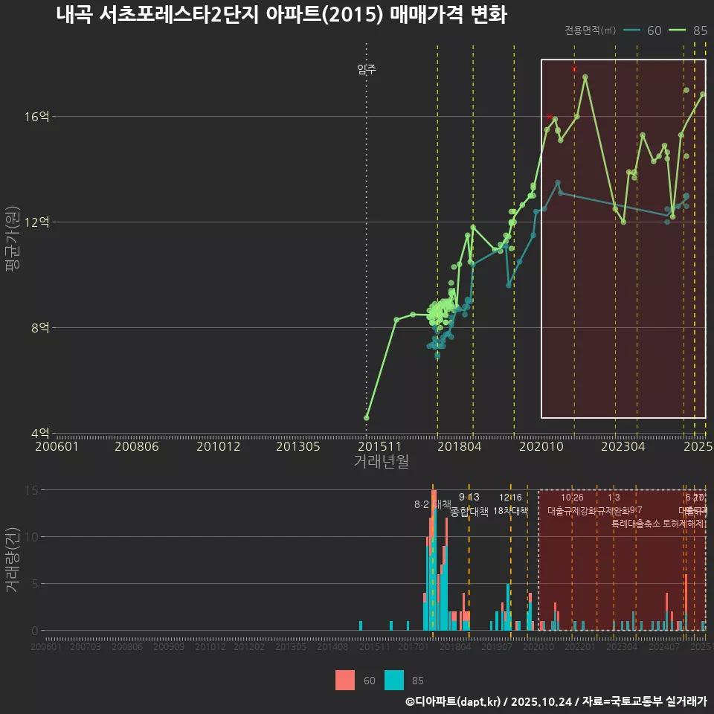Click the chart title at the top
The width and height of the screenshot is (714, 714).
click(281, 15)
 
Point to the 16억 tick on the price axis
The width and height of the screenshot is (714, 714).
click(39, 117)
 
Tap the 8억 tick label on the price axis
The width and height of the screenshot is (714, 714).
click(42, 327)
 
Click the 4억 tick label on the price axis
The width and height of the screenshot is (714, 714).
click(42, 433)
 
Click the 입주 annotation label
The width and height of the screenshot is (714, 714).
click(367, 70)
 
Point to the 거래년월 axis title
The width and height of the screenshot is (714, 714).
click(381, 462)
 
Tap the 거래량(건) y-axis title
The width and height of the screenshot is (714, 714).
click(12, 559)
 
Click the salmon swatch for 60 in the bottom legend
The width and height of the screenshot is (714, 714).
click(346, 680)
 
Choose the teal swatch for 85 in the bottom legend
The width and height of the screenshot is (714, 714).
click(395, 680)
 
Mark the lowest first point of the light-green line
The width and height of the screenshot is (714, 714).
click(367, 418)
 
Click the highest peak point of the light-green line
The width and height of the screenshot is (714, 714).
click(585, 77)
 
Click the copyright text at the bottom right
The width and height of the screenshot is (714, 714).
click(556, 701)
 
